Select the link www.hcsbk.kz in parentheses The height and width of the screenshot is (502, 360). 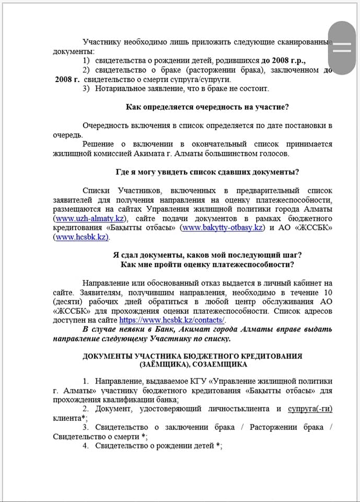click(x=81, y=237)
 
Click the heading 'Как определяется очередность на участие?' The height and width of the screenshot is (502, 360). click(x=207, y=107)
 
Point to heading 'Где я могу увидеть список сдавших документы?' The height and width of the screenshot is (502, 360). click(x=207, y=172)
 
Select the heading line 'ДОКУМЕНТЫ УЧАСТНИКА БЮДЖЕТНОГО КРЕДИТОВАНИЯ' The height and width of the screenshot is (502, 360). click(x=192, y=356)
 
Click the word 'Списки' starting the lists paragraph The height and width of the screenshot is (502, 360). click(x=96, y=190)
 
